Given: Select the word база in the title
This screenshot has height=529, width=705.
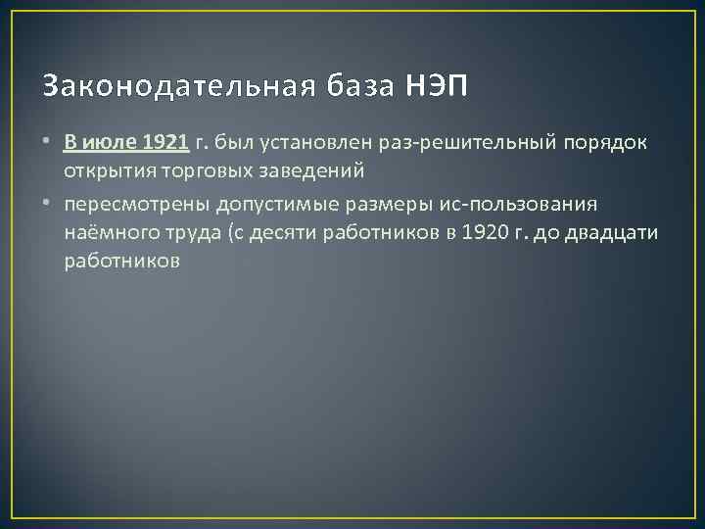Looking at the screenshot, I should click(358, 87).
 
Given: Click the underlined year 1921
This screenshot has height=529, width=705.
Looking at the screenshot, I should click(165, 143).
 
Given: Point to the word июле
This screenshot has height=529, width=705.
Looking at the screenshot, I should click(110, 143).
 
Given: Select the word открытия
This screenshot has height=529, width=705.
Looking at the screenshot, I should click(105, 170).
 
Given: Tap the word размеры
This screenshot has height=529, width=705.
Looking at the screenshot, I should click(364, 208).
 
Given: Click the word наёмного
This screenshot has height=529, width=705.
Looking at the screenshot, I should click(107, 235).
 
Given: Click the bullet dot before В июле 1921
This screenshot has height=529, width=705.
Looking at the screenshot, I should click(46, 144).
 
